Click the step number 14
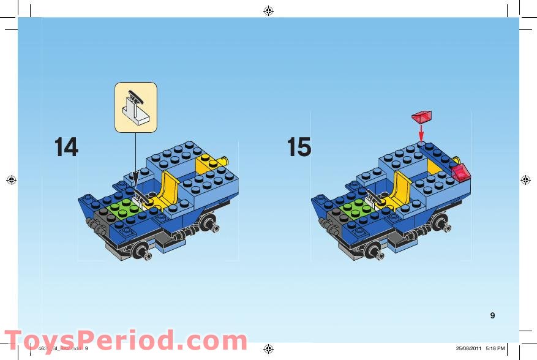(x=66, y=147)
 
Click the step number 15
(x=299, y=147)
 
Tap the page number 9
(x=492, y=315)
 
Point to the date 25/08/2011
(x=468, y=349)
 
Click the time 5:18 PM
(x=495, y=349)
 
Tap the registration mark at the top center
(x=268, y=10)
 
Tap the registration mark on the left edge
(x=10, y=180)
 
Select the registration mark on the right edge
(x=526, y=180)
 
